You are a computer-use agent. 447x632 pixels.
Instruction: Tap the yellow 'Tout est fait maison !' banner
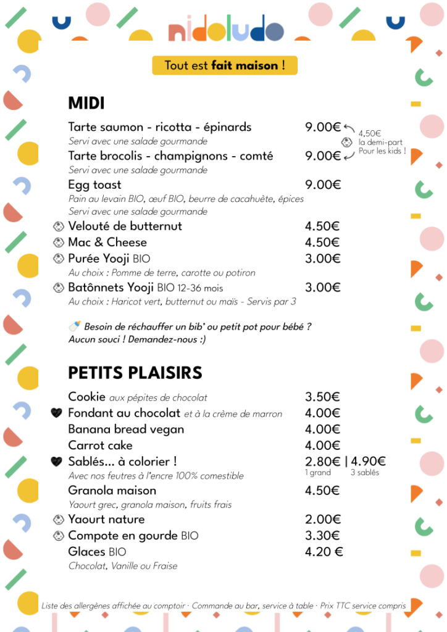coord(225,65)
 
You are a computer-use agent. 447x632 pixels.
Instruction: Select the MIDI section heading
coord(86,103)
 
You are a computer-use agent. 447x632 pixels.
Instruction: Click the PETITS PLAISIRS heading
coord(135,373)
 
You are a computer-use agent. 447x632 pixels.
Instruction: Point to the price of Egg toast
coord(323,185)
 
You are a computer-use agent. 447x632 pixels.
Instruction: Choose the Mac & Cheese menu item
coord(107,242)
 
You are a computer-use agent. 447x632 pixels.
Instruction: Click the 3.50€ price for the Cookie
coord(322,397)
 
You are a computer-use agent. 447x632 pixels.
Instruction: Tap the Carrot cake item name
coord(100,445)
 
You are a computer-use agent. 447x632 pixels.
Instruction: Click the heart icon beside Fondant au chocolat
coord(57,413)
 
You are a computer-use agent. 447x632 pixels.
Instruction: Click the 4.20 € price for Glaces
coord(324,551)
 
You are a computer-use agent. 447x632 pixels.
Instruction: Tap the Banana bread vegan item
coord(126,429)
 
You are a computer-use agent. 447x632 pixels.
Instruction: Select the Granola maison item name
coord(112,491)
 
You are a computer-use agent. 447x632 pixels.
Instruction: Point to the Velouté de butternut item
coord(125,226)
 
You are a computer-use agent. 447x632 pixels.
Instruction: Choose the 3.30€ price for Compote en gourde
coord(322,535)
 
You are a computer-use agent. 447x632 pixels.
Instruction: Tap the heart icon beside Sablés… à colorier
coord(57,461)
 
